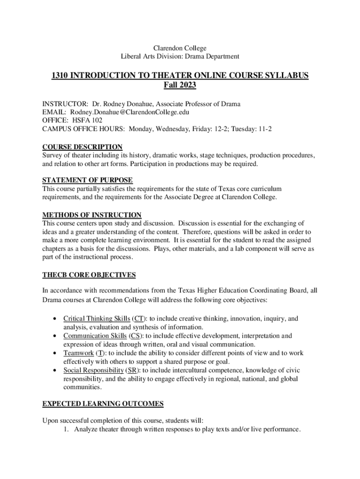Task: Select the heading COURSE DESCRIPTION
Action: click(x=82, y=147)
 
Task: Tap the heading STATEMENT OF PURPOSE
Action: click(x=87, y=180)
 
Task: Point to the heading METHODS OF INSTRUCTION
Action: click(x=92, y=215)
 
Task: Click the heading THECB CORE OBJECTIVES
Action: click(x=89, y=275)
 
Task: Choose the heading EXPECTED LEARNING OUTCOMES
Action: click(x=103, y=403)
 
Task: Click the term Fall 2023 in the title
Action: click(x=180, y=85)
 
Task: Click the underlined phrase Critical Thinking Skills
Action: click(x=97, y=319)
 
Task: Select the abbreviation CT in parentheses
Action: click(x=138, y=319)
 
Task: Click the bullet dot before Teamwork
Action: click(x=55, y=354)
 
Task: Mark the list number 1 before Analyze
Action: click(x=67, y=429)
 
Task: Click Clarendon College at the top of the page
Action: click(x=180, y=48)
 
